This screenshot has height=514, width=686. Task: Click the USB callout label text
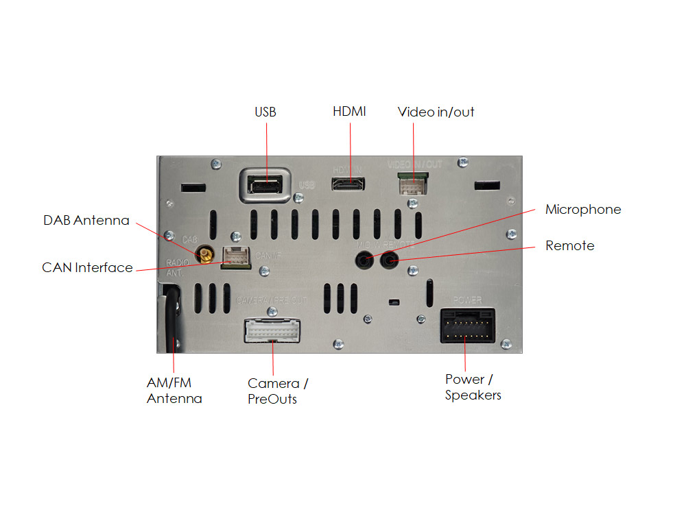point(265,112)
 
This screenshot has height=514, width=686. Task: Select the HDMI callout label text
point(349,111)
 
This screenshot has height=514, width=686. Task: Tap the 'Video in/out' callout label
point(436,112)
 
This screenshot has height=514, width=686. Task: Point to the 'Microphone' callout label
point(583,210)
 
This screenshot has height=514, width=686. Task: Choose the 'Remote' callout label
point(569,245)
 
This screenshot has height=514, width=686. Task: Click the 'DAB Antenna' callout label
point(86,221)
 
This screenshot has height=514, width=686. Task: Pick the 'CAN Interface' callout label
point(87,267)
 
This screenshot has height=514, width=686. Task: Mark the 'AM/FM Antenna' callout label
point(174,391)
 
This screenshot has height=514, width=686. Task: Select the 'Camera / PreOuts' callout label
point(277,391)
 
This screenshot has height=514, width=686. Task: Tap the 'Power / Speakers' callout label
point(473,387)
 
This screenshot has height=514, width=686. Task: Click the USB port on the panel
point(265,185)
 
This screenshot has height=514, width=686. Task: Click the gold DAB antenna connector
point(204,257)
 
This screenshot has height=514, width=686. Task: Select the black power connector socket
point(467,325)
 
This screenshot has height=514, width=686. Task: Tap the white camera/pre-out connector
point(273,332)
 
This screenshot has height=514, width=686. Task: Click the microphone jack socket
point(365,260)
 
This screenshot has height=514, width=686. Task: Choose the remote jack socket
point(390,260)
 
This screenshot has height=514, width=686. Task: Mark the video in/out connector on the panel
point(414,184)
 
